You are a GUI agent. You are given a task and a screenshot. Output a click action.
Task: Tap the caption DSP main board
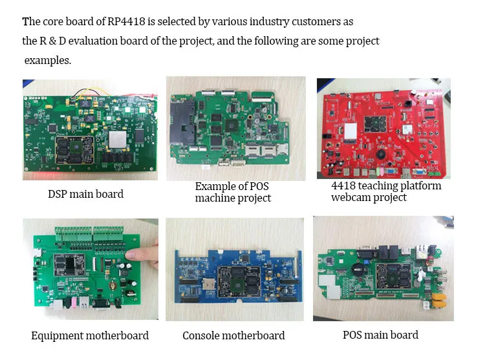85,193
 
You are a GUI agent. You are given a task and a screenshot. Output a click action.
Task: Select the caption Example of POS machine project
233,192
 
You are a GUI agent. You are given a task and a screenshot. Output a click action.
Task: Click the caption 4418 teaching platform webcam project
386,191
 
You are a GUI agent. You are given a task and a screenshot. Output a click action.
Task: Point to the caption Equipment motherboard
90,335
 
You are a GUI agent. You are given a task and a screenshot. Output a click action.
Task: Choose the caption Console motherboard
233,335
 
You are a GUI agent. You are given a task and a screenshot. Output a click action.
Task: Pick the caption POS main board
380,335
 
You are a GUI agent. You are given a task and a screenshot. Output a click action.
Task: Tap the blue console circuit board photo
235,270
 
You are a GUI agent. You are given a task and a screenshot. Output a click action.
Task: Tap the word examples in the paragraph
48,60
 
